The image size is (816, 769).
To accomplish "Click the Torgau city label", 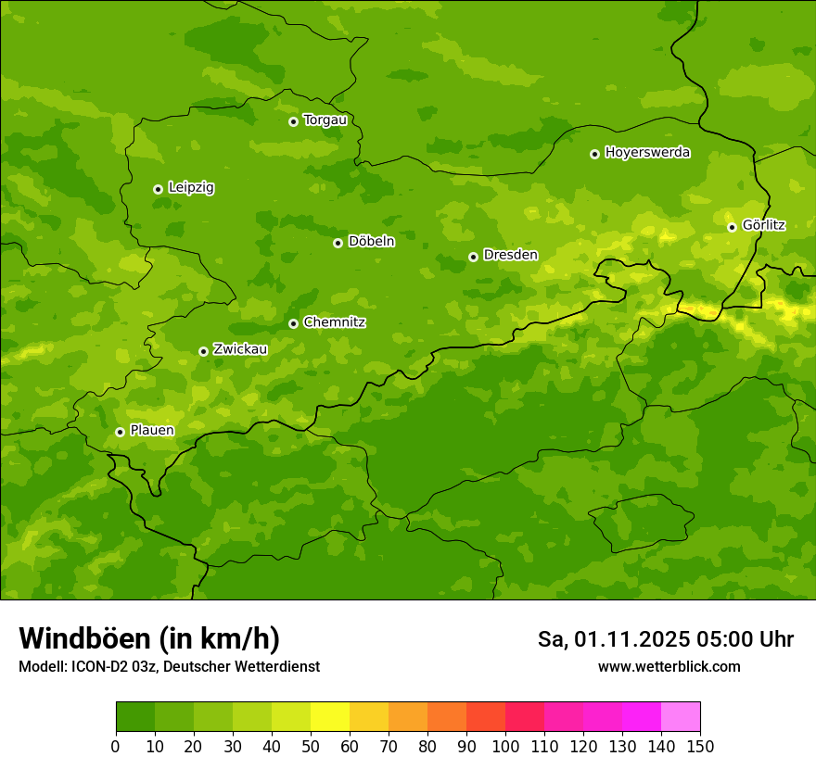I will [325, 120].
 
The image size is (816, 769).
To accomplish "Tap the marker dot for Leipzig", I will [158, 189].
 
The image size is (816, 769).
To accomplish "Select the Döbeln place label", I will [371, 242].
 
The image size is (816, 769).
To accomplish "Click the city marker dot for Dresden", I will [473, 257].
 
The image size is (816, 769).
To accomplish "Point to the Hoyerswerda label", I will [647, 152].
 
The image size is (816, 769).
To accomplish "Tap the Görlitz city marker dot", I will [732, 227].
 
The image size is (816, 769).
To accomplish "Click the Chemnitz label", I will [334, 322].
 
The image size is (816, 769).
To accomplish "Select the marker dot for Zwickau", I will [203, 351].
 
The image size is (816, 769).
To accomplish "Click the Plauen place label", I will [152, 431].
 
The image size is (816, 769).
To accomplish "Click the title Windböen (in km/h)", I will [148, 639].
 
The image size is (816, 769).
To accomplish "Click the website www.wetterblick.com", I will [669, 667].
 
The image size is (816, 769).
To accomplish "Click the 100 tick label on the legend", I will [505, 746].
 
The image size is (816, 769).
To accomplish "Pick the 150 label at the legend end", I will [700, 746].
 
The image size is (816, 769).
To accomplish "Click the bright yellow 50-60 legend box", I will [330, 717].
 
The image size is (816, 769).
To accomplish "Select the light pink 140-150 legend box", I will [681, 717].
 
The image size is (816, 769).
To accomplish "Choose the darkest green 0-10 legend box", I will [135, 717].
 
